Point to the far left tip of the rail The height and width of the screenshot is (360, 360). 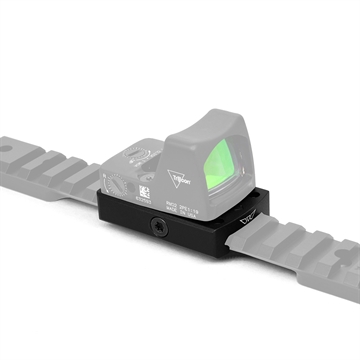[2, 148]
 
